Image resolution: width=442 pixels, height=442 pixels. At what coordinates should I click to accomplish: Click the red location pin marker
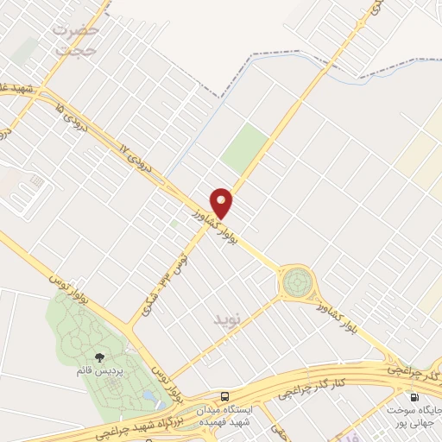tap(222, 201)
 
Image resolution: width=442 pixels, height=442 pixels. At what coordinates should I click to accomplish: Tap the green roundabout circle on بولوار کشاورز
tap(297, 281)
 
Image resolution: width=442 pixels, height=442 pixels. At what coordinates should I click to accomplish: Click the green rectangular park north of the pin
tap(244, 148)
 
